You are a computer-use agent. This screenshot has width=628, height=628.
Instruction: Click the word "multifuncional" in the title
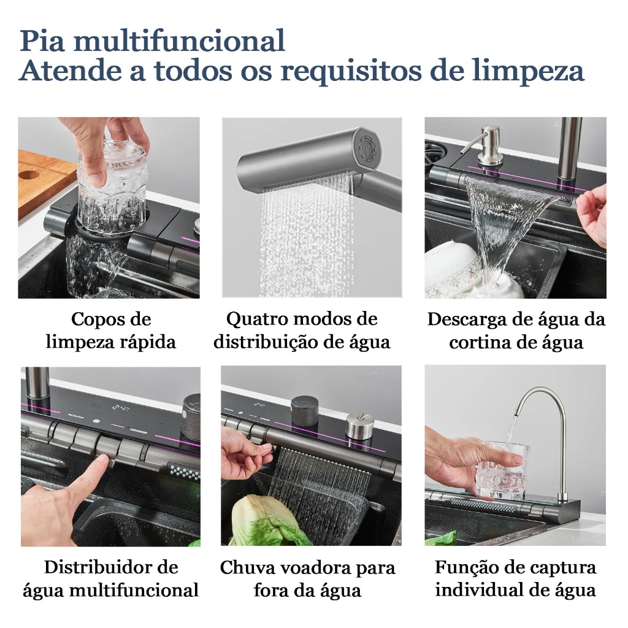(179, 41)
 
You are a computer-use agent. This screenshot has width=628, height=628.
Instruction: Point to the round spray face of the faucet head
(368, 144)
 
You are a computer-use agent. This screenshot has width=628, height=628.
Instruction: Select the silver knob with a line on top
(359, 427)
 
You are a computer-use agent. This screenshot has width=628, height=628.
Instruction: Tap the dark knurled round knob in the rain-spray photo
(304, 409)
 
